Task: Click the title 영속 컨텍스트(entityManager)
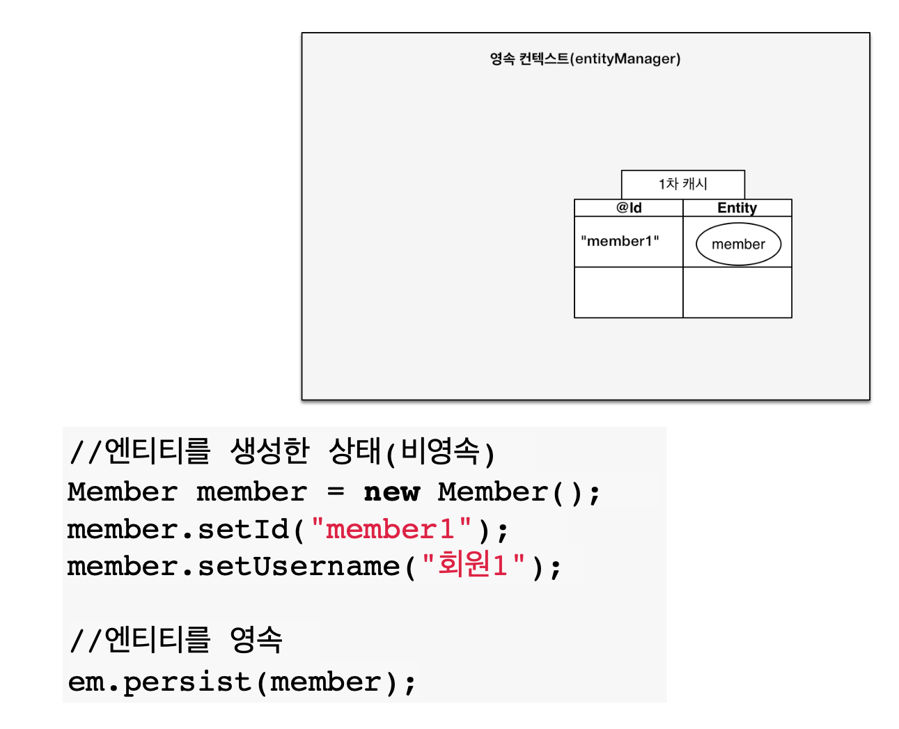tap(585, 59)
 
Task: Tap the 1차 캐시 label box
tap(682, 184)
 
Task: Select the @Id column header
tap(629, 207)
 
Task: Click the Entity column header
tap(737, 207)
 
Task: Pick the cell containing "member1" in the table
tap(620, 242)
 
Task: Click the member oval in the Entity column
tap(738, 244)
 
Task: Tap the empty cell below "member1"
tap(628, 292)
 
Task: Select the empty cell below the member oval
tap(737, 292)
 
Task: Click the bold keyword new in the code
tap(392, 492)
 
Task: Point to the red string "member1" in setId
tap(391, 530)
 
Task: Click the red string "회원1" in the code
tap(474, 566)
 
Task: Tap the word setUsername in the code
tap(299, 567)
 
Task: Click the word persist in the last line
tap(187, 682)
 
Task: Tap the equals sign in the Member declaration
tap(336, 492)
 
